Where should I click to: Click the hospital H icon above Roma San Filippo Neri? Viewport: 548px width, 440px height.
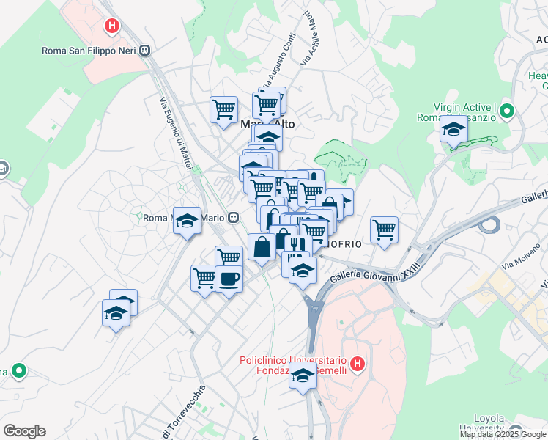pyautogui.click(x=111, y=27)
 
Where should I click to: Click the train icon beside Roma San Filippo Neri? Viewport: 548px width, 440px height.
pyautogui.click(x=145, y=50)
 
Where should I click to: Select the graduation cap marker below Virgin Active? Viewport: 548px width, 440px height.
pyautogui.click(x=453, y=131)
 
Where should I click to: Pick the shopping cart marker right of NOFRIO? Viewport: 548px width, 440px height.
pyautogui.click(x=384, y=230)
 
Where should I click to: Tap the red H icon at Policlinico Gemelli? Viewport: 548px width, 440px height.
pyautogui.click(x=357, y=363)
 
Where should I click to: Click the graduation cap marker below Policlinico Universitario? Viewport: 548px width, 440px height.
pyautogui.click(x=303, y=378)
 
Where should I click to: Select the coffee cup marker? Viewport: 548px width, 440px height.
pyautogui.click(x=229, y=279)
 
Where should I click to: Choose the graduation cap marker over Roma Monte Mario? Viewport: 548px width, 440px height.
pyautogui.click(x=188, y=219)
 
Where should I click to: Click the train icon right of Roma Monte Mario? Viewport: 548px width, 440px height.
pyautogui.click(x=233, y=217)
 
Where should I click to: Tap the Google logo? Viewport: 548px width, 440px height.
pyautogui.click(x=24, y=431)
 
